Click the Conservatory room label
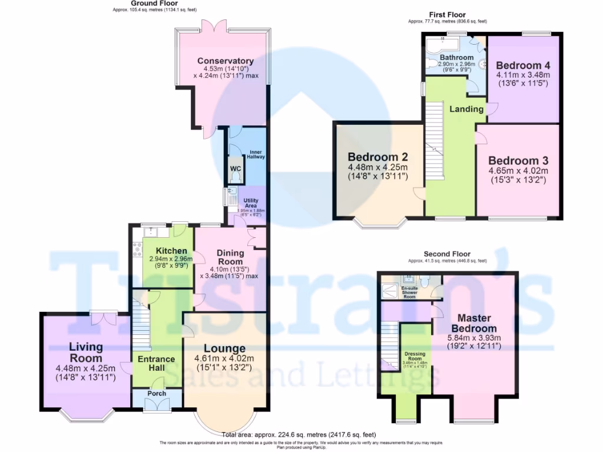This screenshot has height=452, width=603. point(225,61)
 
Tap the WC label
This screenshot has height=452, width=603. point(236,169)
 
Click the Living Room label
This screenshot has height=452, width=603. point(86,352)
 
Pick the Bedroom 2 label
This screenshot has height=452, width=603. point(377,157)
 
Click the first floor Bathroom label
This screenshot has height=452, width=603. point(452,57)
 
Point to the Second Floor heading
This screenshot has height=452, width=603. point(448,255)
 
